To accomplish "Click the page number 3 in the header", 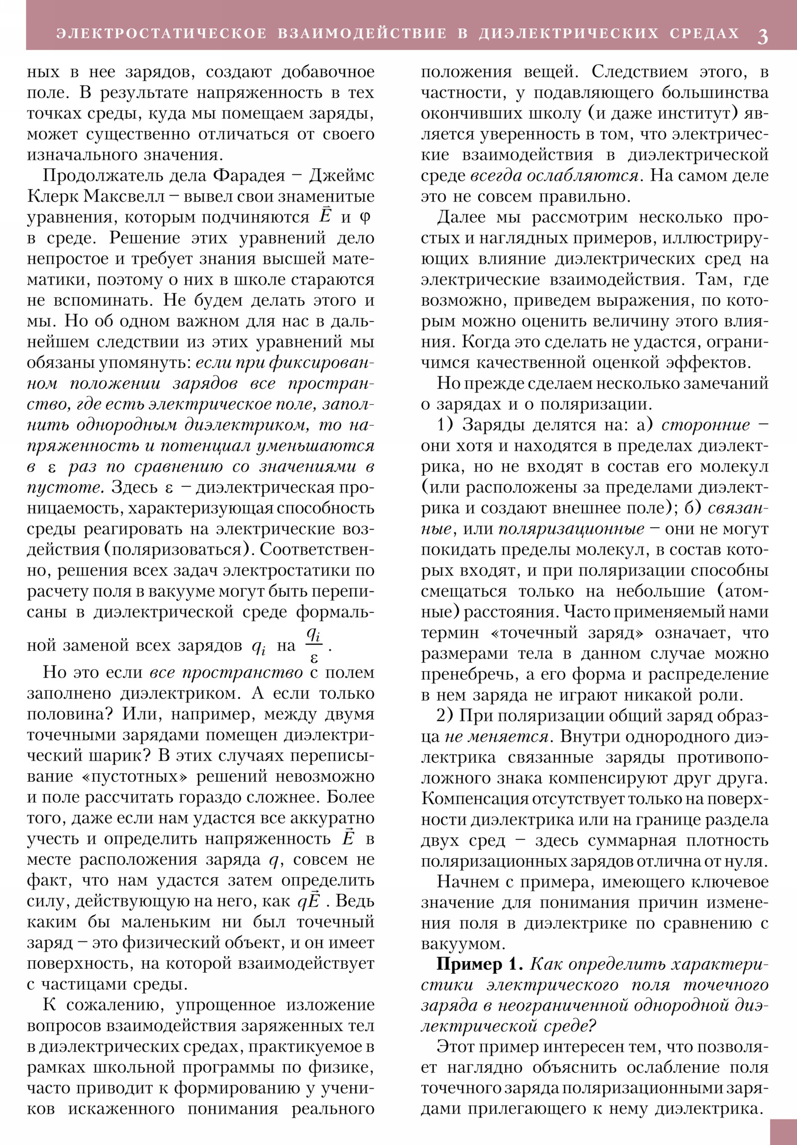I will [763, 36].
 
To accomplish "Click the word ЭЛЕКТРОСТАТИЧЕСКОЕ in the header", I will [162, 33].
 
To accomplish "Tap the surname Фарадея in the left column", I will [250, 176].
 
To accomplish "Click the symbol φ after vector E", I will [365, 218].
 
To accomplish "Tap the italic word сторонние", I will [705, 425].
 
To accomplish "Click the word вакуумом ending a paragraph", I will [461, 944].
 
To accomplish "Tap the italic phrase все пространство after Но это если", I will [226, 672].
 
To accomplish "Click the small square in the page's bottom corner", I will [783, 1132].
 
